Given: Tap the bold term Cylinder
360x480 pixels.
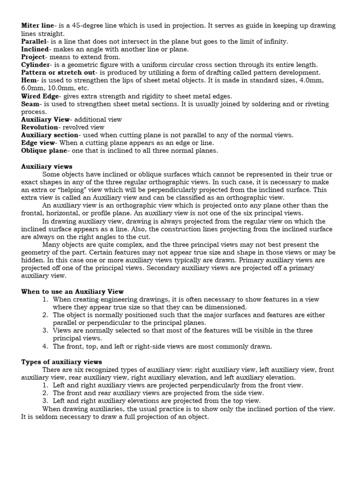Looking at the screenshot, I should [37, 64].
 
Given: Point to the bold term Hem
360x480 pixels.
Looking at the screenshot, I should [29, 80].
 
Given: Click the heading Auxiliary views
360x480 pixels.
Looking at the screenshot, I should [47, 166].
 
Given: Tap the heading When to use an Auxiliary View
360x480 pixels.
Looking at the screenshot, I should [72, 292].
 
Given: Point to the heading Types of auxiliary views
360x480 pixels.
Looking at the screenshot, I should [61, 362].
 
